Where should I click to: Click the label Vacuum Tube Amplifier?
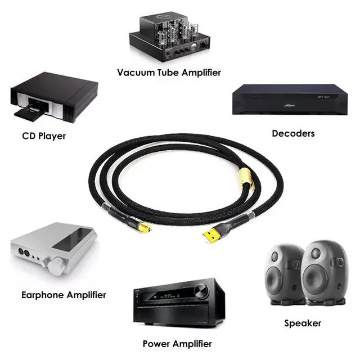169,73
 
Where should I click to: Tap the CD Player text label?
44,136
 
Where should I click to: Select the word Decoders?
293,133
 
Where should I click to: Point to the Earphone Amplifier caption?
64,295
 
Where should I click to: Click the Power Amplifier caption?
177,344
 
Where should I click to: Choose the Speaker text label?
303,323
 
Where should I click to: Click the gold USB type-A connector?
211,235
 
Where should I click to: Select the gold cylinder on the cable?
246,178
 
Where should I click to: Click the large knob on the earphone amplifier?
56,266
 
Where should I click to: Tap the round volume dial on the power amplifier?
201,290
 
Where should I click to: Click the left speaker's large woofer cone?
274,281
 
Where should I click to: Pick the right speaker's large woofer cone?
315,279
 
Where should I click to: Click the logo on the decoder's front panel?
290,106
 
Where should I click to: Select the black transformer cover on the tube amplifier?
154,28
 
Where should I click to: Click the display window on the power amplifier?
169,296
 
